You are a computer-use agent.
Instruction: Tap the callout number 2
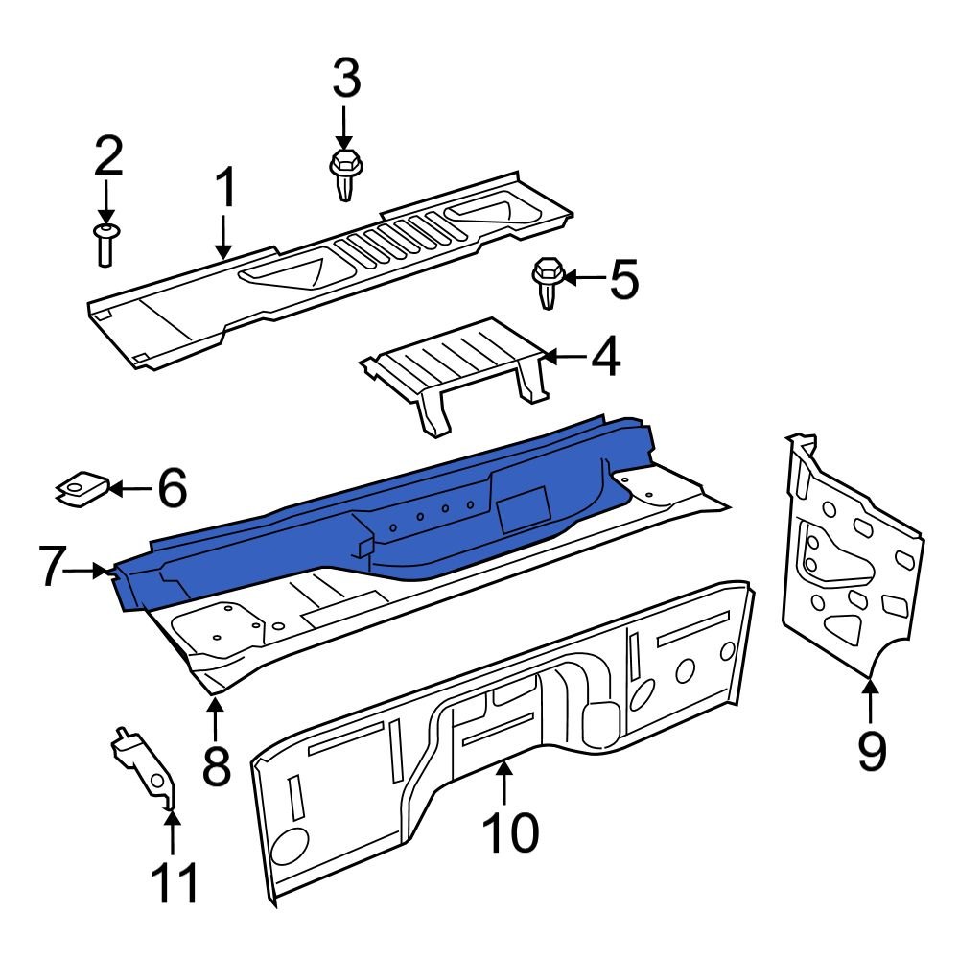tap(107, 156)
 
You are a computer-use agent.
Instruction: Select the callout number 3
tap(345, 79)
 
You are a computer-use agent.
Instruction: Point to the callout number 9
tap(871, 750)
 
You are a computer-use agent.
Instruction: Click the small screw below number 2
tap(105, 244)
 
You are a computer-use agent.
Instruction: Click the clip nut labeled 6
tap(81, 488)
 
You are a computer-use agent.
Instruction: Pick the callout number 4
tap(605, 358)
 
